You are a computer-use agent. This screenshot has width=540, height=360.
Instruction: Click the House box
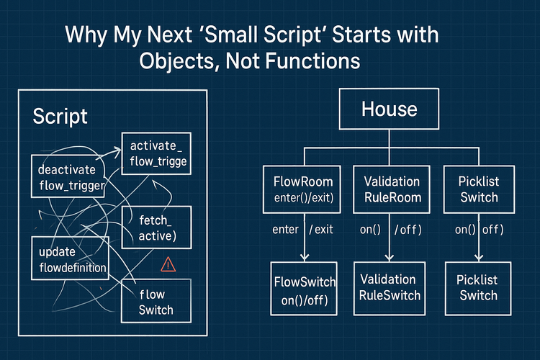389,109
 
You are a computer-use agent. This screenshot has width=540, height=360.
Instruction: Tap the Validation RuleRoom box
389,189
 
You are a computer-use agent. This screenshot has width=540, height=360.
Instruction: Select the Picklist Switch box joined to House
478,189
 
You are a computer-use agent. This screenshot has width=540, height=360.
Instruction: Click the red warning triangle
168,266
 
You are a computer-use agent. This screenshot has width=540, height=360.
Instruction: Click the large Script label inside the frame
60,117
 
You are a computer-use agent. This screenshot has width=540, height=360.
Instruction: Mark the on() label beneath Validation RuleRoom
371,230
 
